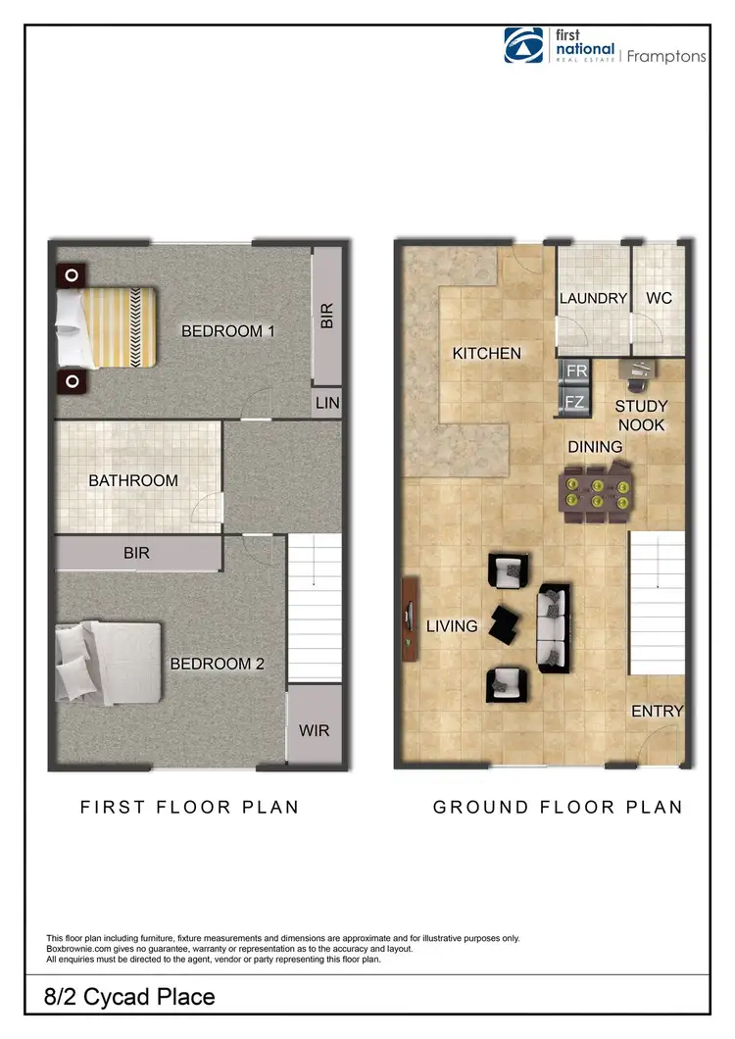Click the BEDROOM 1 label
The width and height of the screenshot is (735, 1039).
coord(228,331)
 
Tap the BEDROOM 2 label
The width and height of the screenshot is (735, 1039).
coord(218,664)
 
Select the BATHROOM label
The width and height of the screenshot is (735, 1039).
coord(133,480)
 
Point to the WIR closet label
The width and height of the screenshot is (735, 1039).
coord(315,730)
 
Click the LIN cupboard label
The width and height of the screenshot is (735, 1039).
coord(326,402)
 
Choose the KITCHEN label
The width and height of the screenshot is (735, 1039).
coord(487,353)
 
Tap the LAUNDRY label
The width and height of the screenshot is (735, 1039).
coord(593,298)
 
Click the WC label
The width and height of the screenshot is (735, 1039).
coord(660,297)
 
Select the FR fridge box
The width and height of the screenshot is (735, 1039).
coord(576,371)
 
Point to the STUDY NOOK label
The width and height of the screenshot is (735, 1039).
coord(642,416)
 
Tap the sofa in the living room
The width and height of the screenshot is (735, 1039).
coord(552,627)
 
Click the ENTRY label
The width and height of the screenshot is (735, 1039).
coord(657,711)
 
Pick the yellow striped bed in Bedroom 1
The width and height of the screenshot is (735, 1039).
coord(108,325)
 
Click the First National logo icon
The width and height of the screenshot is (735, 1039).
coord(523,45)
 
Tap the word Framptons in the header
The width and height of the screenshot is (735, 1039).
coord(666,56)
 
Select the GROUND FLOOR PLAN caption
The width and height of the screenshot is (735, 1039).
coord(558,808)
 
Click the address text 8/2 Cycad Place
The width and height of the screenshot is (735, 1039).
coord(130,998)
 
